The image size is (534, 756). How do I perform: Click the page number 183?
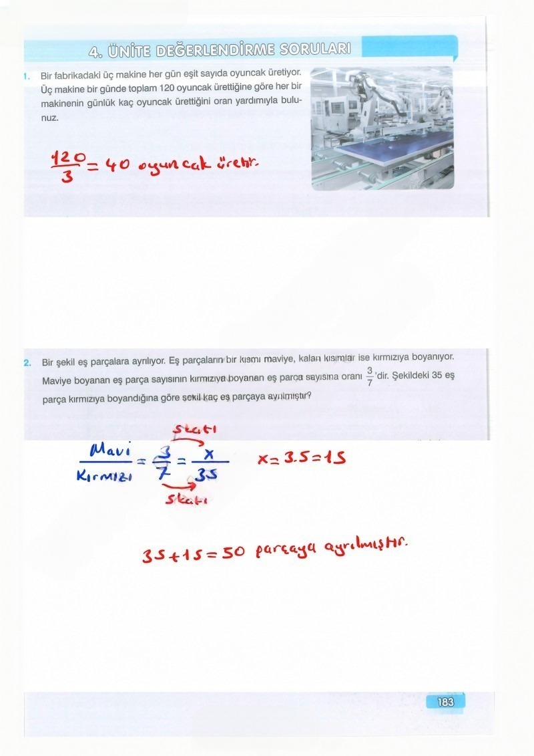[445, 702]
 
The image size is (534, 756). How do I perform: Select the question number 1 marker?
[24, 75]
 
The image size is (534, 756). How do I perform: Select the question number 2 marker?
[27, 363]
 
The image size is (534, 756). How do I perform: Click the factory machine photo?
[382, 128]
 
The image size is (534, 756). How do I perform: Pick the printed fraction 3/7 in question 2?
[369, 377]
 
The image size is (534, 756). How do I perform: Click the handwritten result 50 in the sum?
[234, 553]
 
